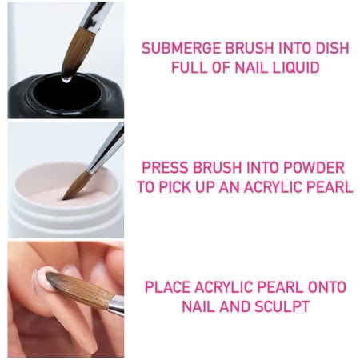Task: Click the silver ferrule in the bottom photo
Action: (x=115, y=305)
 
